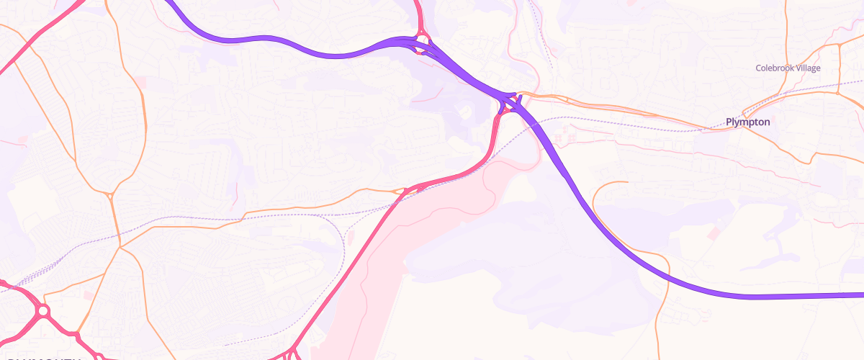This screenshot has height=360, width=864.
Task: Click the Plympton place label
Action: [x=748, y=122]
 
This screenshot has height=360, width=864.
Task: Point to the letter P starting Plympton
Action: [x=729, y=122]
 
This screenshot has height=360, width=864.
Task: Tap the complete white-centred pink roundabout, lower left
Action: [x=42, y=311]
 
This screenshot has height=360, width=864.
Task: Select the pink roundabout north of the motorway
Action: [x=422, y=40]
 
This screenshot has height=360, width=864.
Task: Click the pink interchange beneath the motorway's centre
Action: [x=508, y=105]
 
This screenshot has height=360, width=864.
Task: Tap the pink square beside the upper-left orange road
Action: [x=140, y=84]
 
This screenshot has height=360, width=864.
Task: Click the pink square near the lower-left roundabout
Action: [x=88, y=295]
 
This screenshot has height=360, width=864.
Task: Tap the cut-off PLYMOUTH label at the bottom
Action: [x=43, y=357]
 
